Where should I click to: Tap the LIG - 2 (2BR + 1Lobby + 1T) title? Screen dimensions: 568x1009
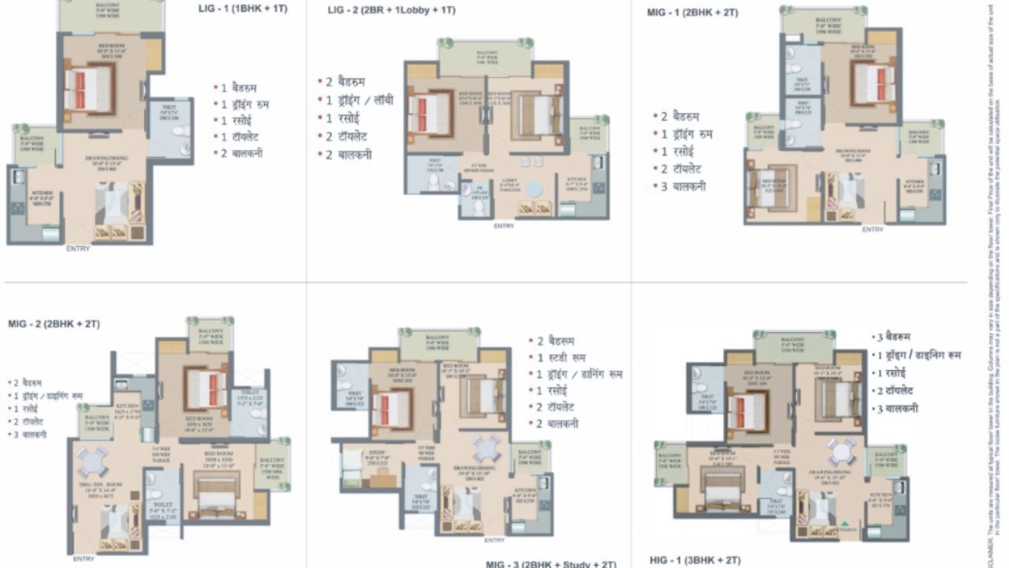point(391,10)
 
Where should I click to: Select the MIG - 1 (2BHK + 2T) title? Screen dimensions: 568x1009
point(692,13)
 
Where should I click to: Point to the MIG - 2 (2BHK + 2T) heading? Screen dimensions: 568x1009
point(54,324)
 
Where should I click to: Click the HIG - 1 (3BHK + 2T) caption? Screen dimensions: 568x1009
point(694,560)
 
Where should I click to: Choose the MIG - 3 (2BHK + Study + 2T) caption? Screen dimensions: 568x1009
point(550,564)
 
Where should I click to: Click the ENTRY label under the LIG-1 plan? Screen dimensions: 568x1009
point(78,248)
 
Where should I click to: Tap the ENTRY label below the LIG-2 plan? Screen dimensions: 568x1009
point(504,226)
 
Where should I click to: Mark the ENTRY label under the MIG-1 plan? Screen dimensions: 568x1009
point(872,230)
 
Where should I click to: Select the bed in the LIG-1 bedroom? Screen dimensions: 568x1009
point(89,88)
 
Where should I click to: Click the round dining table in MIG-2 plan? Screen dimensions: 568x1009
point(92,461)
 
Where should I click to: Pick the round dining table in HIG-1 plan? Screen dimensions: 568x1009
point(841,452)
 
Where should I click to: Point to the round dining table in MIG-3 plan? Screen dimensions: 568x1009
point(486,449)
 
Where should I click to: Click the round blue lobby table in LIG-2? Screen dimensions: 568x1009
point(534,190)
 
